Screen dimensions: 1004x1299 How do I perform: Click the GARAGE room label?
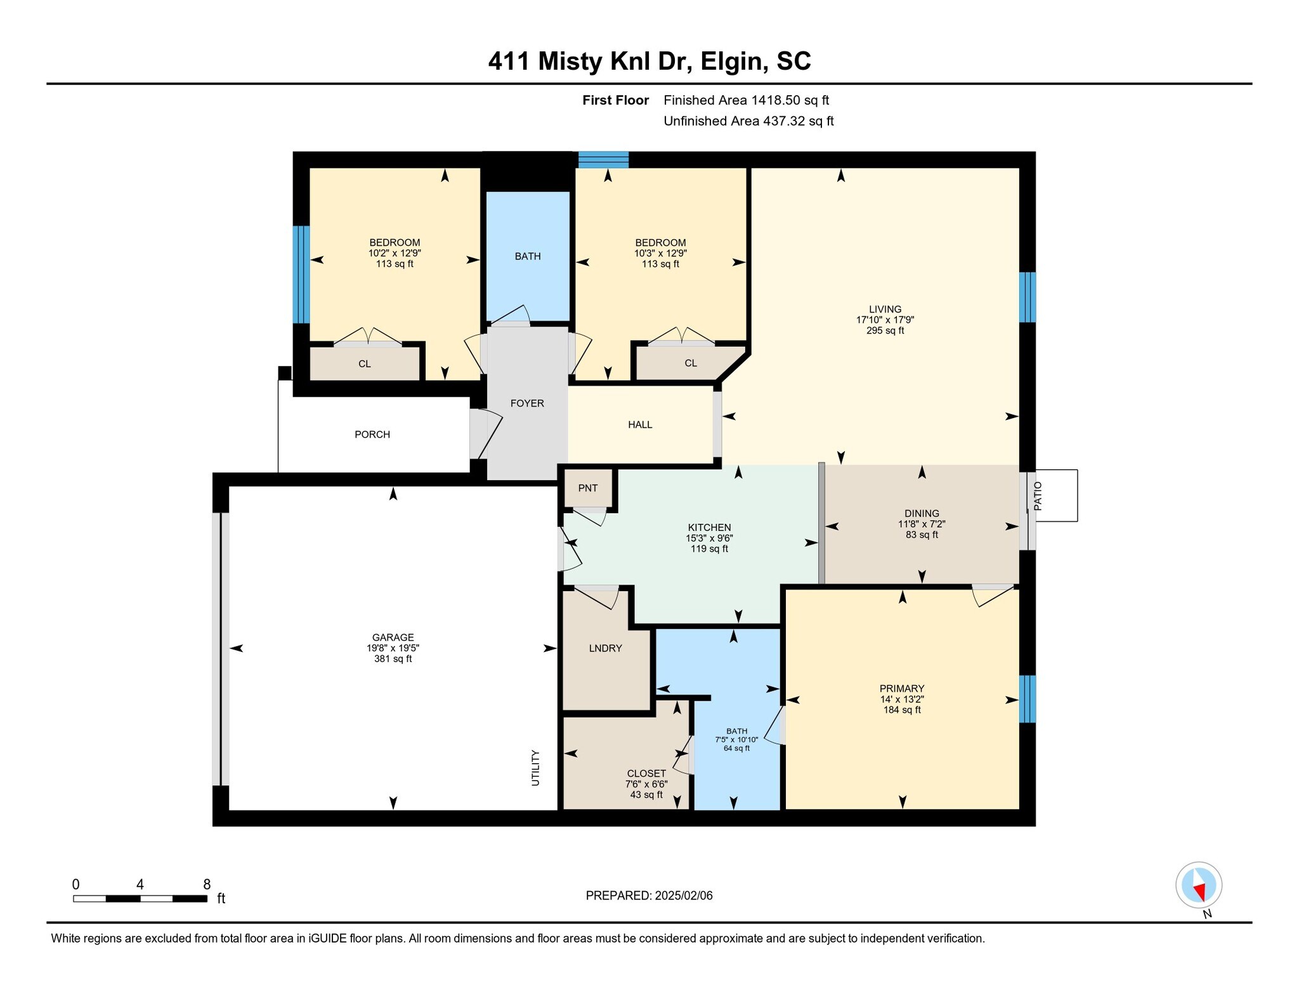(393, 637)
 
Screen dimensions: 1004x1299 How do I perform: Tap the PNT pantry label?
(587, 488)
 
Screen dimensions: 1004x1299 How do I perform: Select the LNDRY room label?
(605, 648)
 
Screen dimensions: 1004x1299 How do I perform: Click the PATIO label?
(1038, 496)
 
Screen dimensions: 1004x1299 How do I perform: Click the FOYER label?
(527, 403)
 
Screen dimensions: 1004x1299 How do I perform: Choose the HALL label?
(640, 425)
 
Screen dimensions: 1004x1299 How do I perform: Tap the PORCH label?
(372, 434)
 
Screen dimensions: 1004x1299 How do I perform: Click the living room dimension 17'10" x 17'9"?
(885, 320)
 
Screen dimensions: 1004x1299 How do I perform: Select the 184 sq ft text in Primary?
(902, 710)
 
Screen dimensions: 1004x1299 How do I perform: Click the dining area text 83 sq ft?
(922, 535)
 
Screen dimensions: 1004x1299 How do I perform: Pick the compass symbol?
(1198, 885)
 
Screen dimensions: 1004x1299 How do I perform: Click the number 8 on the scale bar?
(206, 884)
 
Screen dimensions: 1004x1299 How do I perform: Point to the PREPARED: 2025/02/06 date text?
(649, 896)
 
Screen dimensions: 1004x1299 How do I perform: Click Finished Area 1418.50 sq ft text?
(746, 100)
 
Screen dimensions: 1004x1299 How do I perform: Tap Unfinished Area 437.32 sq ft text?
(748, 121)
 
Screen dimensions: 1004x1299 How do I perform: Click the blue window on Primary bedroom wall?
(1027, 698)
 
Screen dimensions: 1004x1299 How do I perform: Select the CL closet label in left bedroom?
(364, 364)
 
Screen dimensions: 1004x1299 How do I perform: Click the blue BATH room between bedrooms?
(528, 256)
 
